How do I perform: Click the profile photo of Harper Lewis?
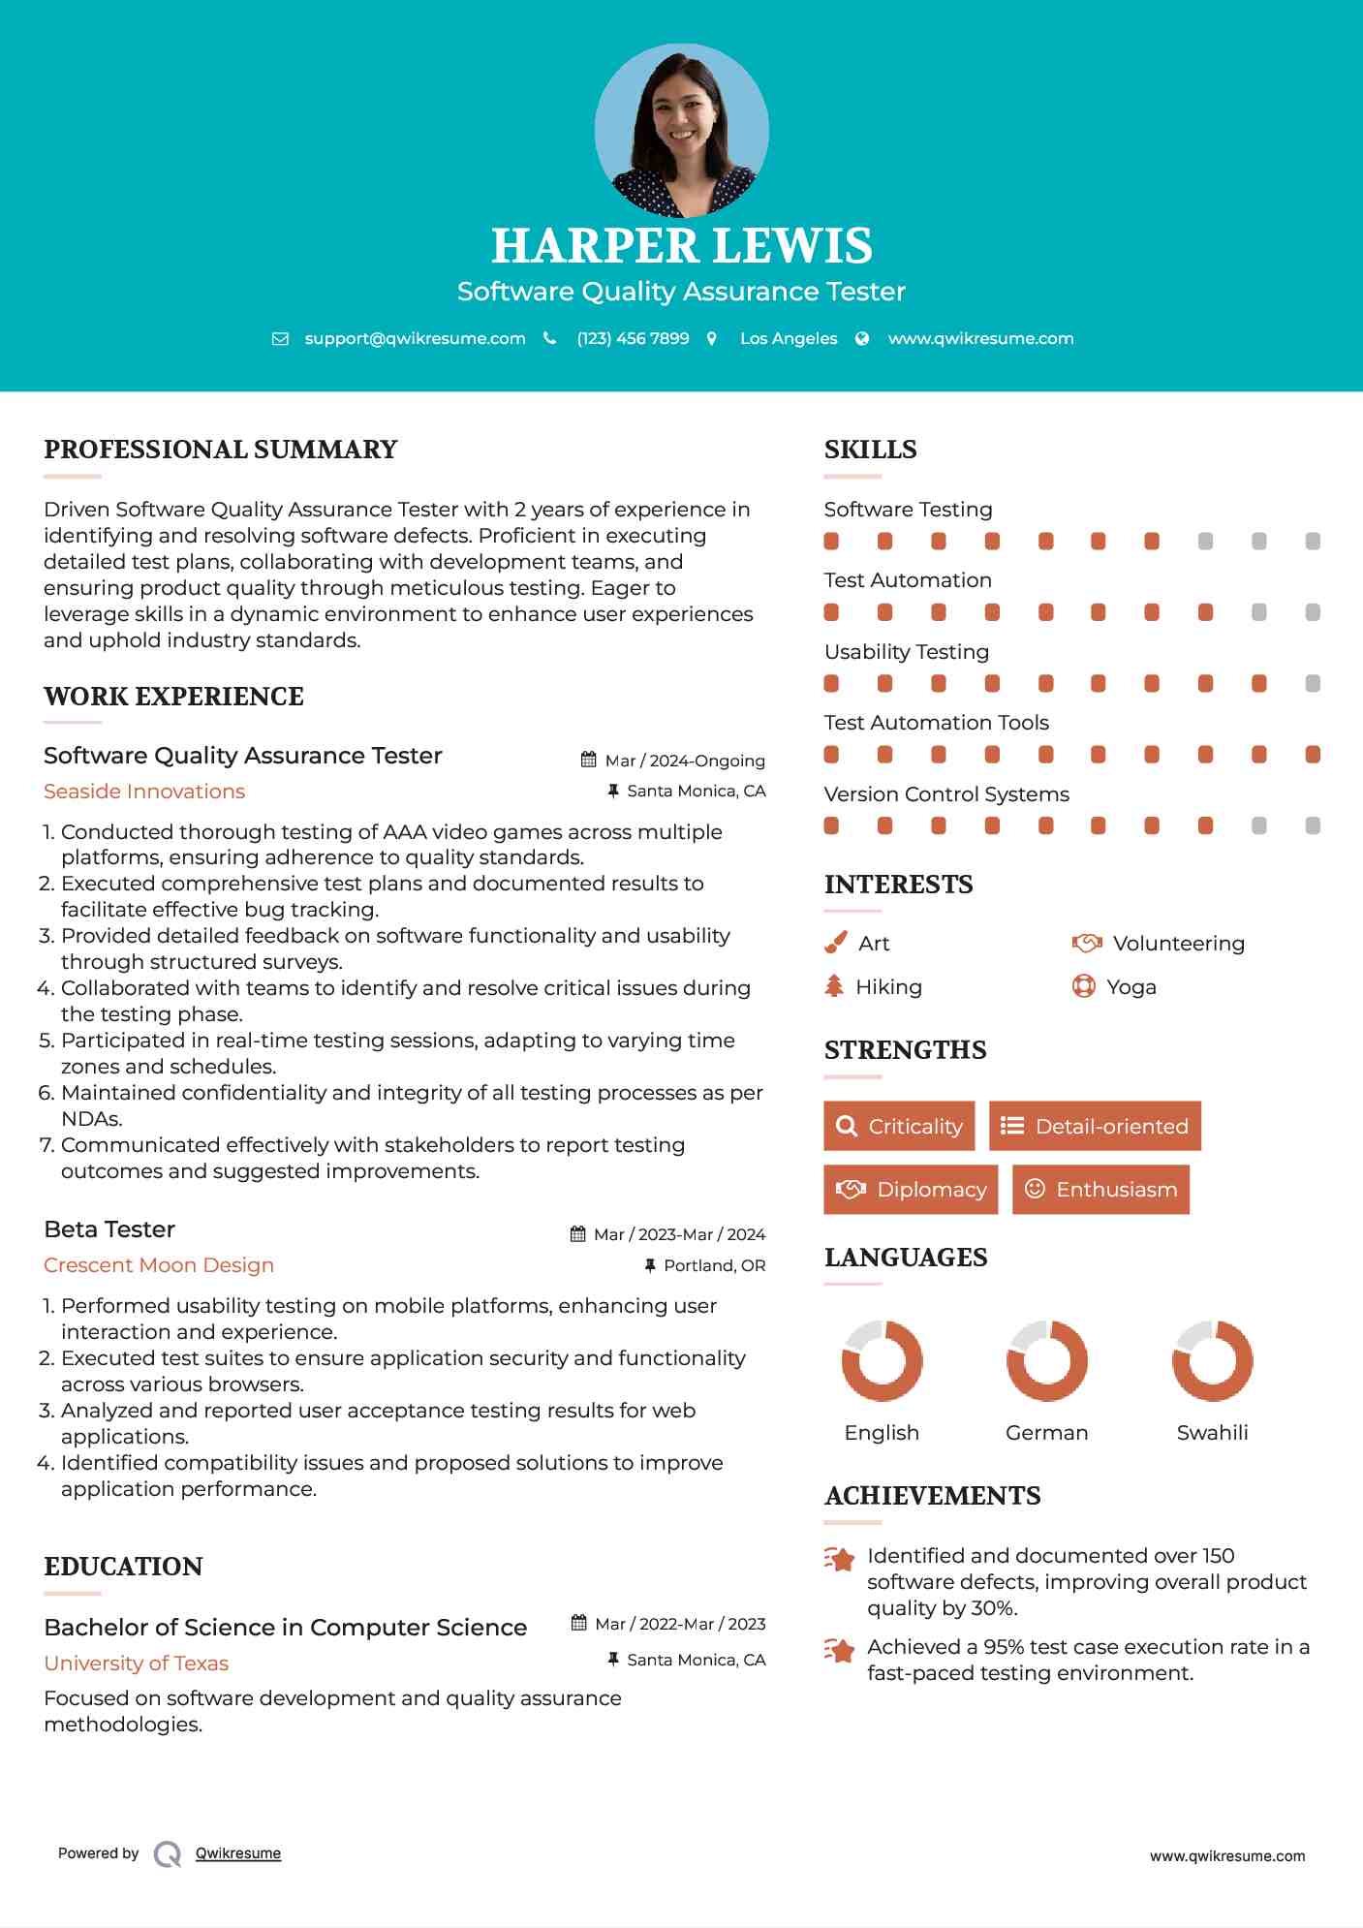coord(681,130)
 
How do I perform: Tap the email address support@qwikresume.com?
coord(415,338)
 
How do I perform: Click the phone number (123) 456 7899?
coord(633,338)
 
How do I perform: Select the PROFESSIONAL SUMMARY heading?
coord(221,450)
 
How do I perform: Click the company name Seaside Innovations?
coord(144,792)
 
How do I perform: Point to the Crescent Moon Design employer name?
coord(159,1265)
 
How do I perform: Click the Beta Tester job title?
coord(109,1229)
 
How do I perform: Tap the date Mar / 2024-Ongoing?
coord(684,761)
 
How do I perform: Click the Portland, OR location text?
coord(714,1265)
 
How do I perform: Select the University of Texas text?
coord(137,1664)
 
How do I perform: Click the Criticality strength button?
coord(899,1126)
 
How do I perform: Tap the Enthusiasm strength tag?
coord(1100,1189)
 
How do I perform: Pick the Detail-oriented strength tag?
coord(1095,1126)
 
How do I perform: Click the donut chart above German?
coord(1046,1360)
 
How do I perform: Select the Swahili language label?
coord(1212,1432)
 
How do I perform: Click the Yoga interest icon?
coord(1083,986)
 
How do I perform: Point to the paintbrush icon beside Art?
coord(835,943)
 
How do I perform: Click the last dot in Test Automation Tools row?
coord(1313,755)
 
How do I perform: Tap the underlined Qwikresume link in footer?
coord(238,1853)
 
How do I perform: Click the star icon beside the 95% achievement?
coord(840,1649)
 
